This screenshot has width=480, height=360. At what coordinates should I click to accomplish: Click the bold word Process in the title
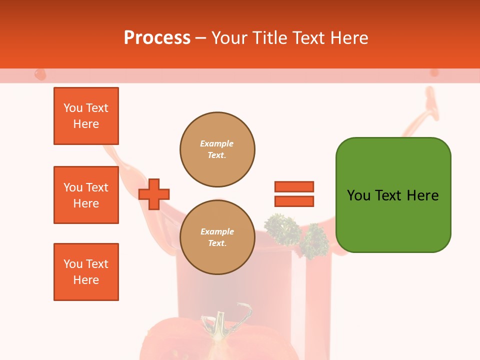pos(157,38)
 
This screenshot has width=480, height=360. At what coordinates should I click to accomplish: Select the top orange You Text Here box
pos(86,116)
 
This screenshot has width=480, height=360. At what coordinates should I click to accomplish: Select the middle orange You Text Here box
pos(86,195)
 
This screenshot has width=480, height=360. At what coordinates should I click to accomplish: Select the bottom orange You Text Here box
pos(86,272)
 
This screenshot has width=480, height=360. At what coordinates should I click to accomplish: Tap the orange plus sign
pos(154,193)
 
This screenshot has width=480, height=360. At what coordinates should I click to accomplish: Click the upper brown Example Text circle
pos(217,149)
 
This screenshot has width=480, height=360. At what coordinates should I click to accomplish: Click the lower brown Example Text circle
pos(217,237)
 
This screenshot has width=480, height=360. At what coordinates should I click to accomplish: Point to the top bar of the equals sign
pos(294,186)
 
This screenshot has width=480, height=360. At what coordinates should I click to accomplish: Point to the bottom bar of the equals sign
pos(294,201)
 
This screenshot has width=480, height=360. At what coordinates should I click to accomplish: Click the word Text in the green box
pos(389,195)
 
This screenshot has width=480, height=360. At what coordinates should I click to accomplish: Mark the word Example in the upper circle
pos(217,143)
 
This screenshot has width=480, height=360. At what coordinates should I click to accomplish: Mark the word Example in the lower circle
pos(217,231)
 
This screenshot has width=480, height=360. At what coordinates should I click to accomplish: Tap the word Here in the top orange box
pos(86,124)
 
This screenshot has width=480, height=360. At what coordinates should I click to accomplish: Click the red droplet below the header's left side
pos(40,75)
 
